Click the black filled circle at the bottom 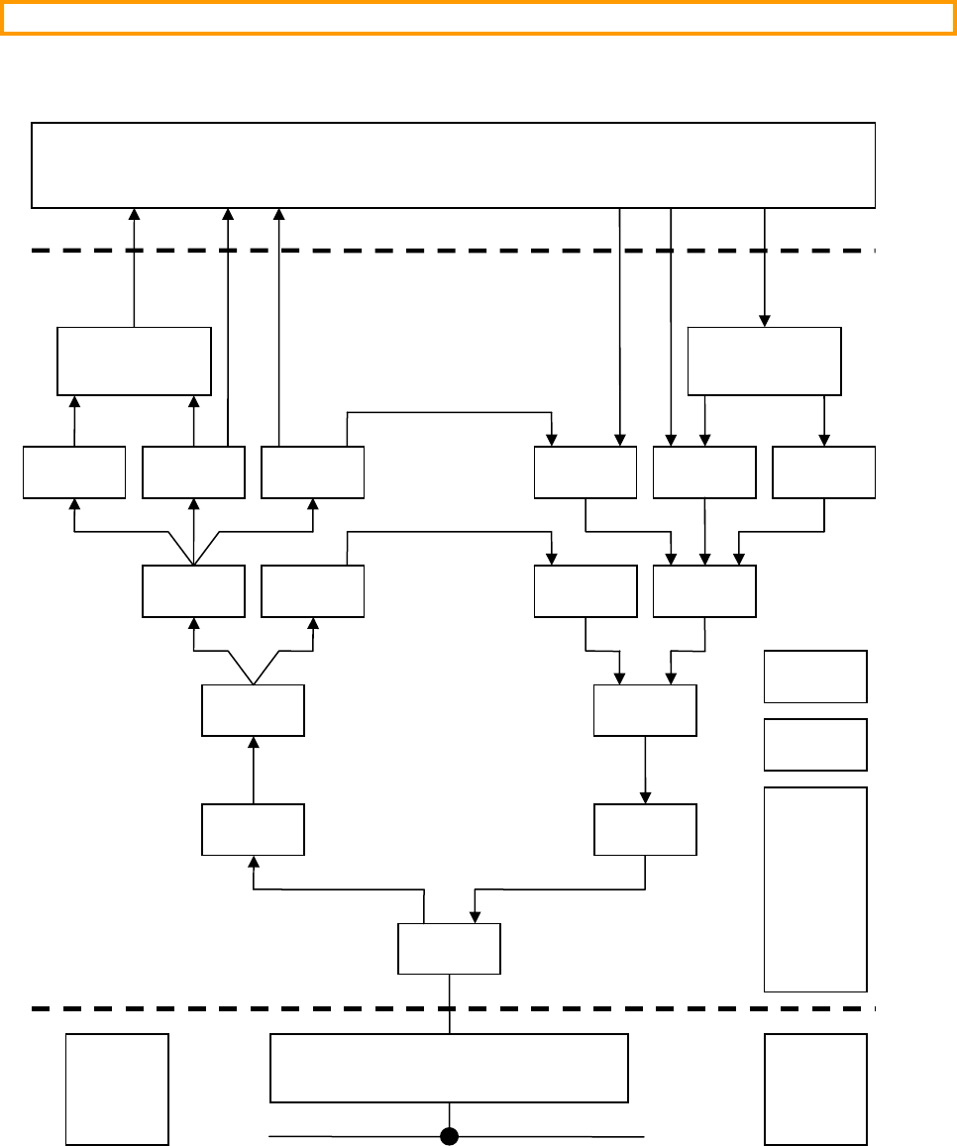[450, 1135]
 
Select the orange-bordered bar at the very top [478, 18]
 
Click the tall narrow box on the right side [815, 889]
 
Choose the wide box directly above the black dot [449, 1068]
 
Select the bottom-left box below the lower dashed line [117, 1089]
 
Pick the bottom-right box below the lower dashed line [815, 1089]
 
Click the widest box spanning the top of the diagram [454, 165]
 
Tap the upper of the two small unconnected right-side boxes [815, 677]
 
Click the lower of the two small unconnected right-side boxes [815, 745]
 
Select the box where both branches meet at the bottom [449, 949]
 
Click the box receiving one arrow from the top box [764, 362]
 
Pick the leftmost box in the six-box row [74, 472]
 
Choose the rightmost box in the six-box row [823, 472]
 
